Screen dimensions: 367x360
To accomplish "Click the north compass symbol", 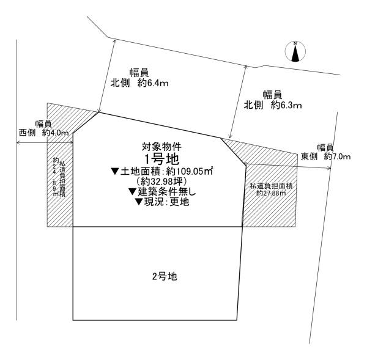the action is coord(295,51).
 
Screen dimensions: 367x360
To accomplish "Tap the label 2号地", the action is coord(165,276).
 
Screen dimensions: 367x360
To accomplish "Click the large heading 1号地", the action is coord(161,160).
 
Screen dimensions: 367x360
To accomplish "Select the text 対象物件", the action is coord(161,147).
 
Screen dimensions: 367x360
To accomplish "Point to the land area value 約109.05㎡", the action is coord(190,172).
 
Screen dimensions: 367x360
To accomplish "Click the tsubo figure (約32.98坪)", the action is coord(161,182).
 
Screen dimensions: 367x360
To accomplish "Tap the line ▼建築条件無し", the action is coord(162,192).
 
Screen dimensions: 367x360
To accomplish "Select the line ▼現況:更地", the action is coord(162,202).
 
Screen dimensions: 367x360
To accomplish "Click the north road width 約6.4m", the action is coord(153,83).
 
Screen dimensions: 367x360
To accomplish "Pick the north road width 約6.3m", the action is coord(286,105).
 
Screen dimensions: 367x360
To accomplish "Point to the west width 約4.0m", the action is coord(56,133).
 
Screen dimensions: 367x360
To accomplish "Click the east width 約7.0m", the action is coord(337,156).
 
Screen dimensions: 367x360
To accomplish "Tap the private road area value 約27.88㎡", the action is coord(271,193).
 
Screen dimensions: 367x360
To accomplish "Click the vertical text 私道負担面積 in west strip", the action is coord(62,178).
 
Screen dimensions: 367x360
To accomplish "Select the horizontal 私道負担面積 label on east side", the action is coord(271,186).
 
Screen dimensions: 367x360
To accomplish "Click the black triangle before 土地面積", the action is coord(116,172).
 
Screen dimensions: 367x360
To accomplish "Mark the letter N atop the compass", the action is coord(295,43).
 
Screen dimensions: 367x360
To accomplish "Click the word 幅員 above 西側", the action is coord(43,124).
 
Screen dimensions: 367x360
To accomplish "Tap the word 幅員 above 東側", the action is coord(325,147).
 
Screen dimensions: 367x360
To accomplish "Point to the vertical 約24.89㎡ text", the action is coord(56,177).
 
